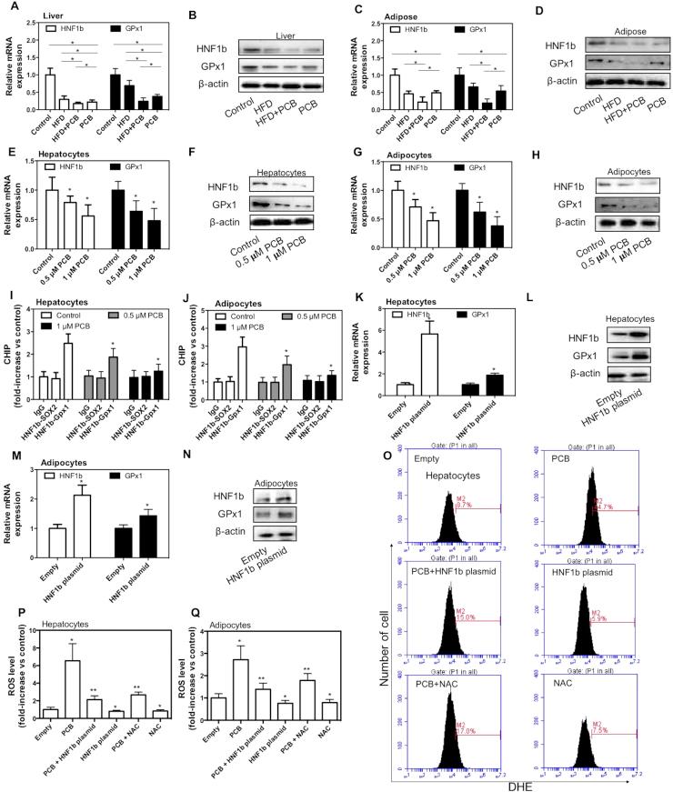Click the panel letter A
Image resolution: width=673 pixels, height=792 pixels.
coord(6,8)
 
